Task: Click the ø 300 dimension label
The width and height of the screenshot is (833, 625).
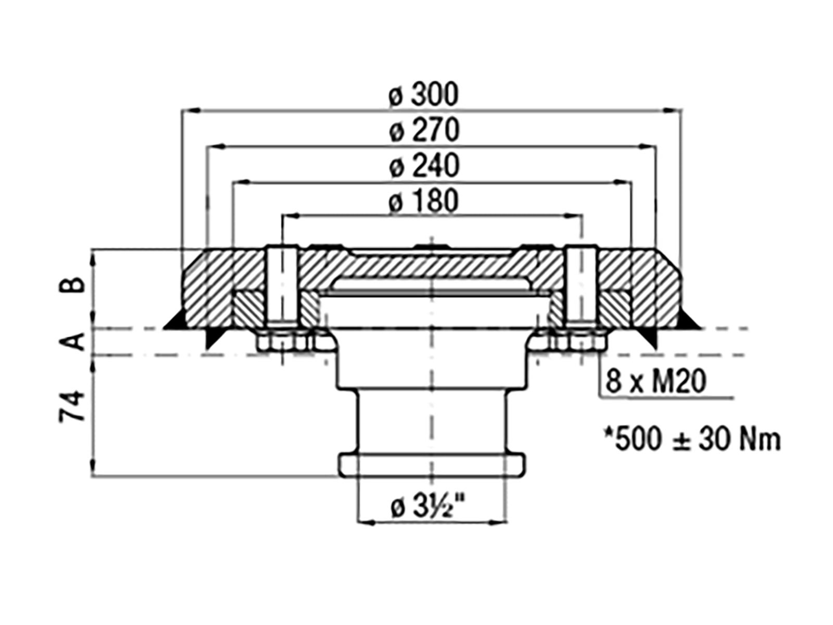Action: [x=423, y=94]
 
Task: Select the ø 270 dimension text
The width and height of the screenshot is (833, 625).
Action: [x=424, y=130]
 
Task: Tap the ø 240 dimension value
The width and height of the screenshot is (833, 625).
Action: [x=424, y=166]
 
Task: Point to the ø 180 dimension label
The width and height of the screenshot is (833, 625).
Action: [x=423, y=201]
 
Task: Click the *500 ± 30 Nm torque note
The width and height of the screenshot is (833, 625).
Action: [x=692, y=440]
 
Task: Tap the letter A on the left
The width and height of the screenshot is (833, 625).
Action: [x=71, y=341]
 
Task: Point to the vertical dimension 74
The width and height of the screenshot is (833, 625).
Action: [x=71, y=406]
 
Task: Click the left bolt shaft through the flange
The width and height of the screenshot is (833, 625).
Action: [x=282, y=287]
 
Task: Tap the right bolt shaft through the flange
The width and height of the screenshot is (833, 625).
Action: [x=581, y=287]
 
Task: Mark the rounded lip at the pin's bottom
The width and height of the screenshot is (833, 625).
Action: [x=432, y=465]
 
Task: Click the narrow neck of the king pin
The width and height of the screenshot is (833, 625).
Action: [x=432, y=422]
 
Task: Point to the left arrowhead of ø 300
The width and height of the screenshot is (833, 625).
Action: [x=191, y=110]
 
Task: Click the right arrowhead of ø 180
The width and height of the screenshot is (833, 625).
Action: [x=573, y=216]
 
